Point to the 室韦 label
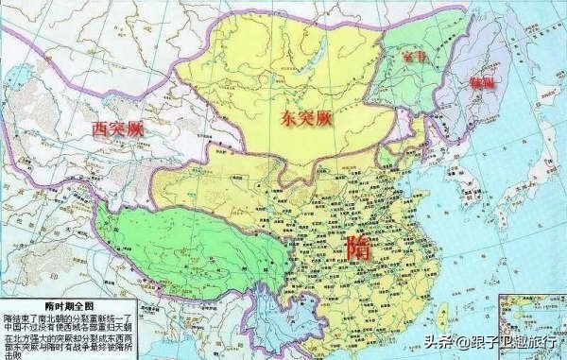[x=410, y=60]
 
